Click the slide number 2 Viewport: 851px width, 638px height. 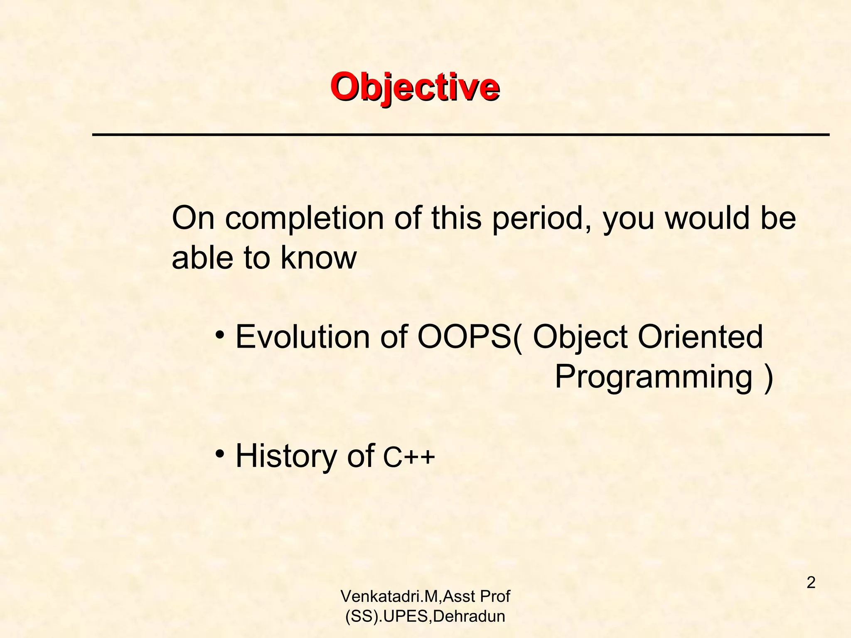point(811,583)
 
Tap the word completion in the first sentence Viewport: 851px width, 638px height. point(304,218)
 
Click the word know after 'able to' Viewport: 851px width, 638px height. point(318,258)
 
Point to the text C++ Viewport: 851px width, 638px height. point(409,457)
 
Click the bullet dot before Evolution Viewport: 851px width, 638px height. point(220,334)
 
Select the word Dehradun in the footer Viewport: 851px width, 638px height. point(469,616)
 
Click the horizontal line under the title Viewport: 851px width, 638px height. point(460,135)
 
